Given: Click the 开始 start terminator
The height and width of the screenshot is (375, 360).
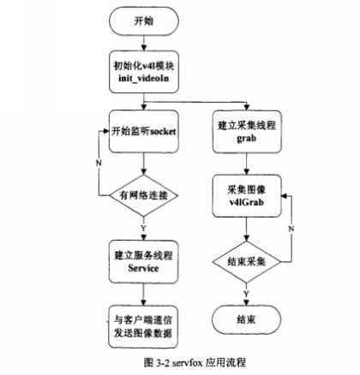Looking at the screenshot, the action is [144, 21].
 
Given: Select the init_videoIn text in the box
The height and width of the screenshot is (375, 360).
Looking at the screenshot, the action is [143, 78].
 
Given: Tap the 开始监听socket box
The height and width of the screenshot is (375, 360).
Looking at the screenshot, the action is [144, 132].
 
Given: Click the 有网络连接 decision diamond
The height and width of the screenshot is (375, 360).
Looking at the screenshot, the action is [144, 195].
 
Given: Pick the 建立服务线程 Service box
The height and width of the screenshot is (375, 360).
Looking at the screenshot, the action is [143, 262].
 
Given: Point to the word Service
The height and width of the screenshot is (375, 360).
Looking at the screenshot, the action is [143, 268].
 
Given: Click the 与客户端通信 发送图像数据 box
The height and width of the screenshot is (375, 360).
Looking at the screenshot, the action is [143, 327].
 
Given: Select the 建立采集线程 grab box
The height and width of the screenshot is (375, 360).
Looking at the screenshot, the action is [247, 132].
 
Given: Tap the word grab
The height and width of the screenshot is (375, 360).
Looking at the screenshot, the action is [246, 139].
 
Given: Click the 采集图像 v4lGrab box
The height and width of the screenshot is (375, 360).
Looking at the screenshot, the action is [247, 196].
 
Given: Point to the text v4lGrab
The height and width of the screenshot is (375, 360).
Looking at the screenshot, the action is [246, 202].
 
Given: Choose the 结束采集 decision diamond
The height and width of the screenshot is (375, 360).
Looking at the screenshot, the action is [246, 262].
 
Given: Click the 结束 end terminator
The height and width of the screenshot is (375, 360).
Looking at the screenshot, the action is [246, 319].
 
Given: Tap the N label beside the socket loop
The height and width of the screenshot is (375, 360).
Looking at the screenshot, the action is [99, 163].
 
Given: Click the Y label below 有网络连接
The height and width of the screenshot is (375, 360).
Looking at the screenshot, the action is [143, 228].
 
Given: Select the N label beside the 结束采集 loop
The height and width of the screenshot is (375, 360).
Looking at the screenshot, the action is [291, 229].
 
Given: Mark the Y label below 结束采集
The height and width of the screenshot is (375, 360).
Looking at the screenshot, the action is [246, 294].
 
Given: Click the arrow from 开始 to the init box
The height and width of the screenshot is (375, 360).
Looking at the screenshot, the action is [144, 43].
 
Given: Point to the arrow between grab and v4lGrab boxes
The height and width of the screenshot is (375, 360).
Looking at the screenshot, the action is [246, 164].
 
